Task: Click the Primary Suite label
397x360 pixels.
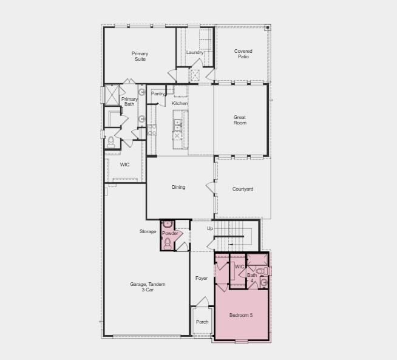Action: pyautogui.click(x=140, y=56)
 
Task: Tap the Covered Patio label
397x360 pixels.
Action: pyautogui.click(x=243, y=54)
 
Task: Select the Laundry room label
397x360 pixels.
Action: pyautogui.click(x=195, y=53)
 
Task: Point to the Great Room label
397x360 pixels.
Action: pyautogui.click(x=240, y=120)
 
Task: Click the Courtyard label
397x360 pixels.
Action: pyautogui.click(x=243, y=189)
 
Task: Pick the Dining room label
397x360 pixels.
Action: pyautogui.click(x=178, y=188)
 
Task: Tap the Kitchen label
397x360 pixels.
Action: pyautogui.click(x=180, y=104)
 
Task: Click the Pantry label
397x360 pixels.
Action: pyautogui.click(x=158, y=94)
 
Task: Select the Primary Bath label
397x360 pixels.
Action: pyautogui.click(x=129, y=101)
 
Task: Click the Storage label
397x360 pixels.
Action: pyautogui.click(x=148, y=231)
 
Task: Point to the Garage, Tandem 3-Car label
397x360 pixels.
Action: pyautogui.click(x=148, y=287)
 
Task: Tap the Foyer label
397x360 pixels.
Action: pyautogui.click(x=202, y=279)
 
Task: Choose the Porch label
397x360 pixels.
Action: pyautogui.click(x=202, y=322)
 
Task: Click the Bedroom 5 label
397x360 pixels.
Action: pyautogui.click(x=241, y=315)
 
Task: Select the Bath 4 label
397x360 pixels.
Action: pyautogui.click(x=251, y=277)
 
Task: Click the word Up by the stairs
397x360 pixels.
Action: pyautogui.click(x=210, y=229)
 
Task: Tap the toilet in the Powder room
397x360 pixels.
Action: pyautogui.click(x=168, y=243)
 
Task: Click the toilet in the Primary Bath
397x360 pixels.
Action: pyautogui.click(x=110, y=142)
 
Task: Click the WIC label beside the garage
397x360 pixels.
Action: pyautogui.click(x=124, y=165)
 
